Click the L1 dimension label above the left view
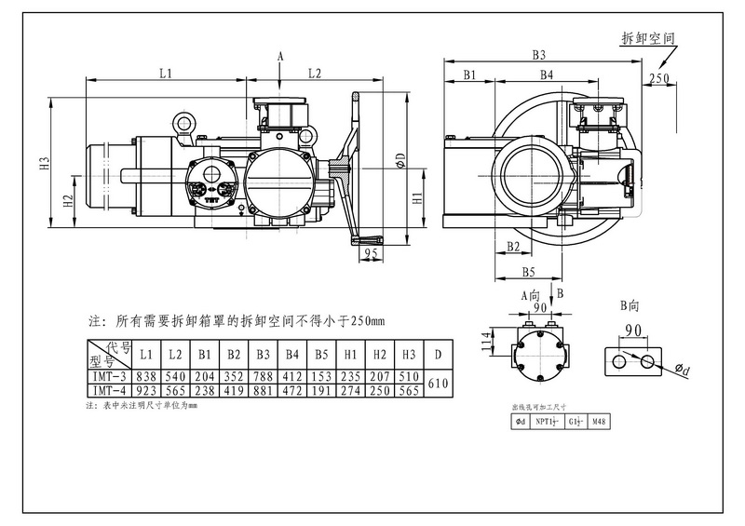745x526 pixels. click(164, 72)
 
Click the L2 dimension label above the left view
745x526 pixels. click(315, 72)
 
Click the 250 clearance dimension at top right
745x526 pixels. click(658, 78)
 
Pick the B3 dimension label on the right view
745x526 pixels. click(538, 55)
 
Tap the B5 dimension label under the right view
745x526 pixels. click(527, 272)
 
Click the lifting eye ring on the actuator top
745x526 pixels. click(183, 122)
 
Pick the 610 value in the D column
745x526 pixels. click(438, 383)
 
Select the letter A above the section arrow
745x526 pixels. click(280, 57)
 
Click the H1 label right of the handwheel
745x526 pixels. click(418, 197)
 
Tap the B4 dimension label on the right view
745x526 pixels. click(547, 74)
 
